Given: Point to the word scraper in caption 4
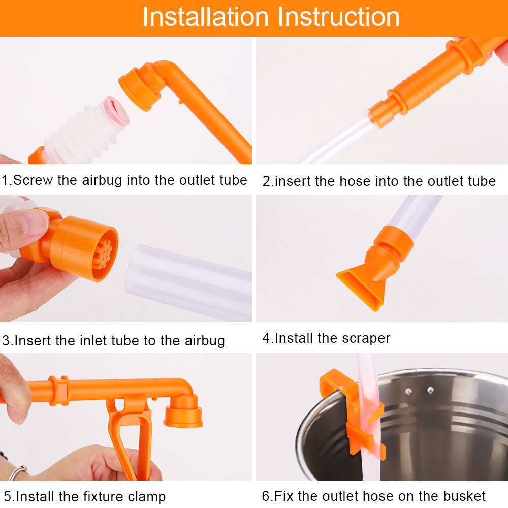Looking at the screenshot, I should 366,338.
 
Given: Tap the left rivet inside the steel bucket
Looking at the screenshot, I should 408,391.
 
